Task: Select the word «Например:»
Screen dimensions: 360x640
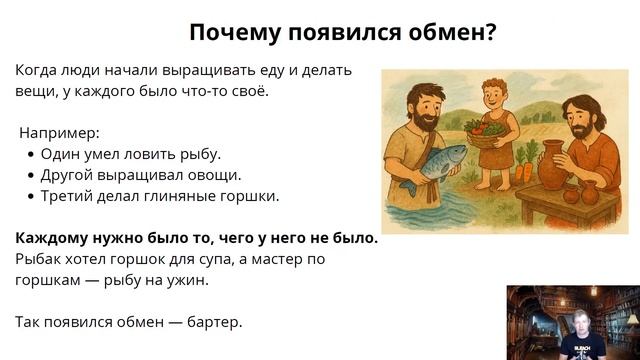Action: point(60,132)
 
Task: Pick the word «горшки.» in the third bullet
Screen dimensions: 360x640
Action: point(246,195)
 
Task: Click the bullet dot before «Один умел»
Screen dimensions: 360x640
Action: point(31,154)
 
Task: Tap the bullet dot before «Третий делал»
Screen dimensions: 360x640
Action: point(31,196)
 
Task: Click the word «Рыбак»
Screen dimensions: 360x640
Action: point(39,259)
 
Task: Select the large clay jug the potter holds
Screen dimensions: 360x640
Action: point(552,166)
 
